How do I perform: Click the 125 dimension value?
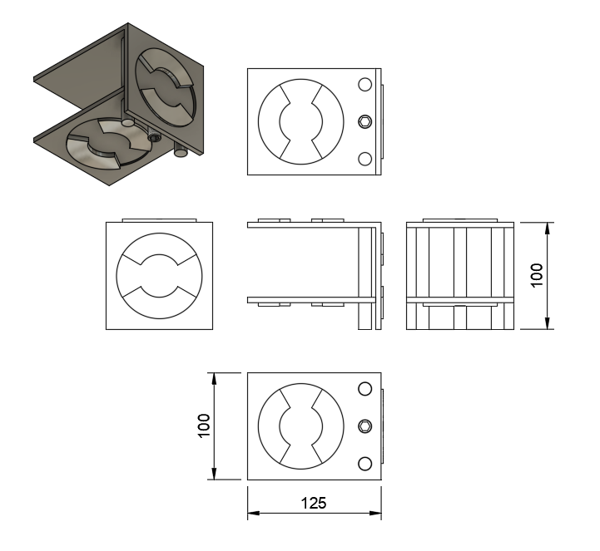point(314,503)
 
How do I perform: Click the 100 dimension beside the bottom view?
point(204,426)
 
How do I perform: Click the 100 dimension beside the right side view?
point(537,275)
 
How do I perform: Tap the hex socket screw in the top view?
point(365,122)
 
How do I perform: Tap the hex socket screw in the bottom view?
point(365,426)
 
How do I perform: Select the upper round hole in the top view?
point(365,85)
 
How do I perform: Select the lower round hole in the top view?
point(365,159)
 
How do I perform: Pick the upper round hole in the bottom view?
point(365,389)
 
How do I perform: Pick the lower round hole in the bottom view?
point(365,464)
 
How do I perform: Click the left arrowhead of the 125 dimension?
point(253,513)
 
